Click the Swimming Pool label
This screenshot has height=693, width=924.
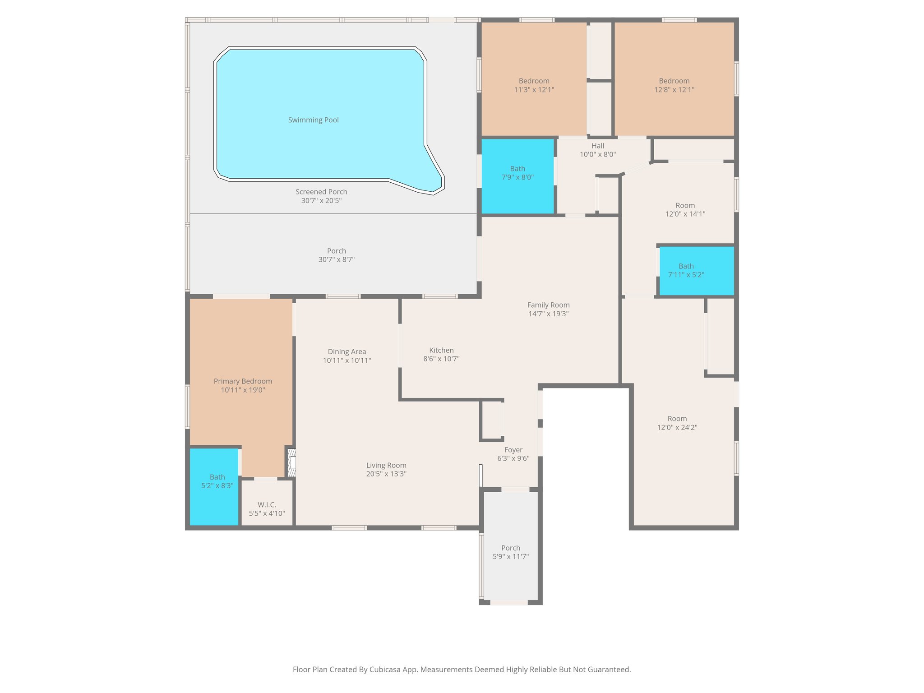click(313, 120)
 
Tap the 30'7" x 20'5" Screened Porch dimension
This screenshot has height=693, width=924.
click(321, 200)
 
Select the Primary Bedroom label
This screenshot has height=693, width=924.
click(243, 381)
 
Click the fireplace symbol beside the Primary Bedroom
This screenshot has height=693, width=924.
click(292, 463)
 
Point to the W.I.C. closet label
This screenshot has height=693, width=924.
click(267, 505)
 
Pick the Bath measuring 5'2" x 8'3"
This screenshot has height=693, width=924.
click(217, 481)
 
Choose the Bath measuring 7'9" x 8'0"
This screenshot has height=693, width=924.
click(517, 173)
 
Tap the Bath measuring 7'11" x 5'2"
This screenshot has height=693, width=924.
click(686, 270)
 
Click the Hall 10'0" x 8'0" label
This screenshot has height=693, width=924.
click(597, 150)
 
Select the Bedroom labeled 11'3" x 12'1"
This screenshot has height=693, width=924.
click(534, 85)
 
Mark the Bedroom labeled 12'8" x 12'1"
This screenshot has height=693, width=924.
click(674, 85)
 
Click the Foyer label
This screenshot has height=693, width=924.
click(513, 450)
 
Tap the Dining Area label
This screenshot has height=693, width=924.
click(346, 352)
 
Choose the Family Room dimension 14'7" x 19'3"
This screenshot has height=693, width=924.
click(548, 314)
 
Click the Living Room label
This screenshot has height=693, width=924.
click(386, 465)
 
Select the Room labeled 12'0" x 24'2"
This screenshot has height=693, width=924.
click(677, 423)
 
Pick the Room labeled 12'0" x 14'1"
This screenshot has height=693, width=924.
click(685, 210)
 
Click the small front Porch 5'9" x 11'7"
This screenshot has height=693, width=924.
click(510, 552)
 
